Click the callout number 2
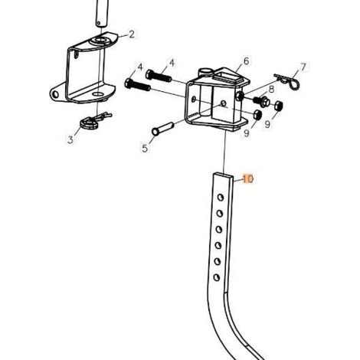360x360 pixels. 132,34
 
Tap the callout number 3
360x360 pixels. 70,139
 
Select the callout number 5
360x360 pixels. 145,148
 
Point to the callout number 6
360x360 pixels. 246,61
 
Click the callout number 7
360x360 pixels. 303,67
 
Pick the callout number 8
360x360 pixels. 271,89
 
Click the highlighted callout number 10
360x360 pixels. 248,178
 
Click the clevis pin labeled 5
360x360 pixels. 162,129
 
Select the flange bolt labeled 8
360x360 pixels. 261,101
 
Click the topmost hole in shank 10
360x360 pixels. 221,198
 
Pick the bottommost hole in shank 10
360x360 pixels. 217,277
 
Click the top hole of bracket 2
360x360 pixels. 102,40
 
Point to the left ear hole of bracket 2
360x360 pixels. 55,95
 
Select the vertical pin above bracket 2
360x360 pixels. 103,13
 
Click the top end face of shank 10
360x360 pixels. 224,175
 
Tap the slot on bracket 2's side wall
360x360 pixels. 76,54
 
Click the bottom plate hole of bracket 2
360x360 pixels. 98,94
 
